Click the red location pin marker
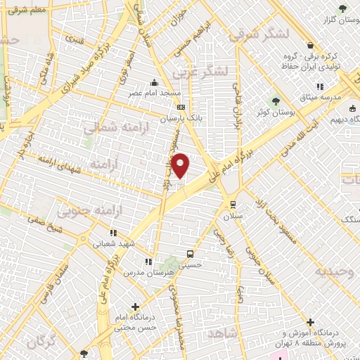181,166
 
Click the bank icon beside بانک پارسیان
181,108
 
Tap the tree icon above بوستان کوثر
276,101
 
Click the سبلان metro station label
233,217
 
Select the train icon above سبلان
233,205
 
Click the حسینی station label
191,266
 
